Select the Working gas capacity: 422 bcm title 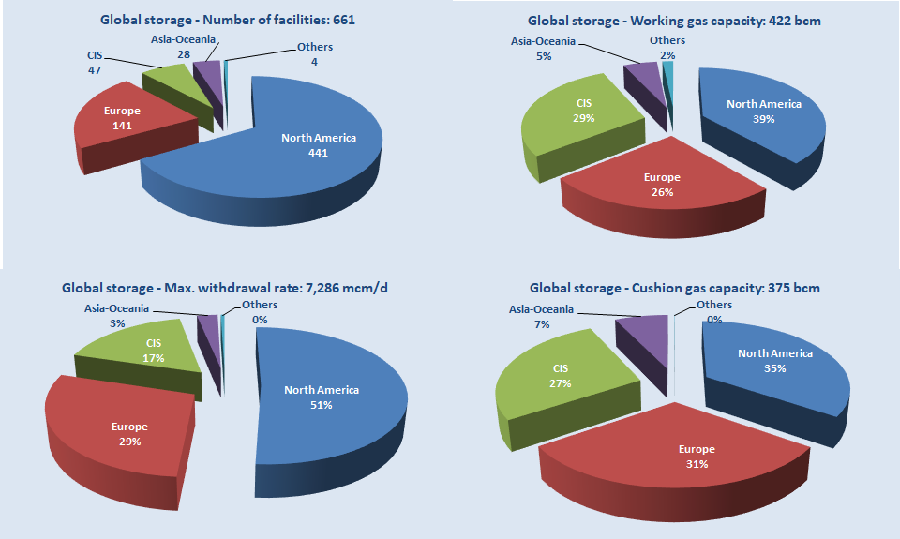[x=667, y=19]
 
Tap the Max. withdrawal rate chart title [x=225, y=288]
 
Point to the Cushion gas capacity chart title [x=675, y=288]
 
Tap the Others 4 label [x=314, y=54]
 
